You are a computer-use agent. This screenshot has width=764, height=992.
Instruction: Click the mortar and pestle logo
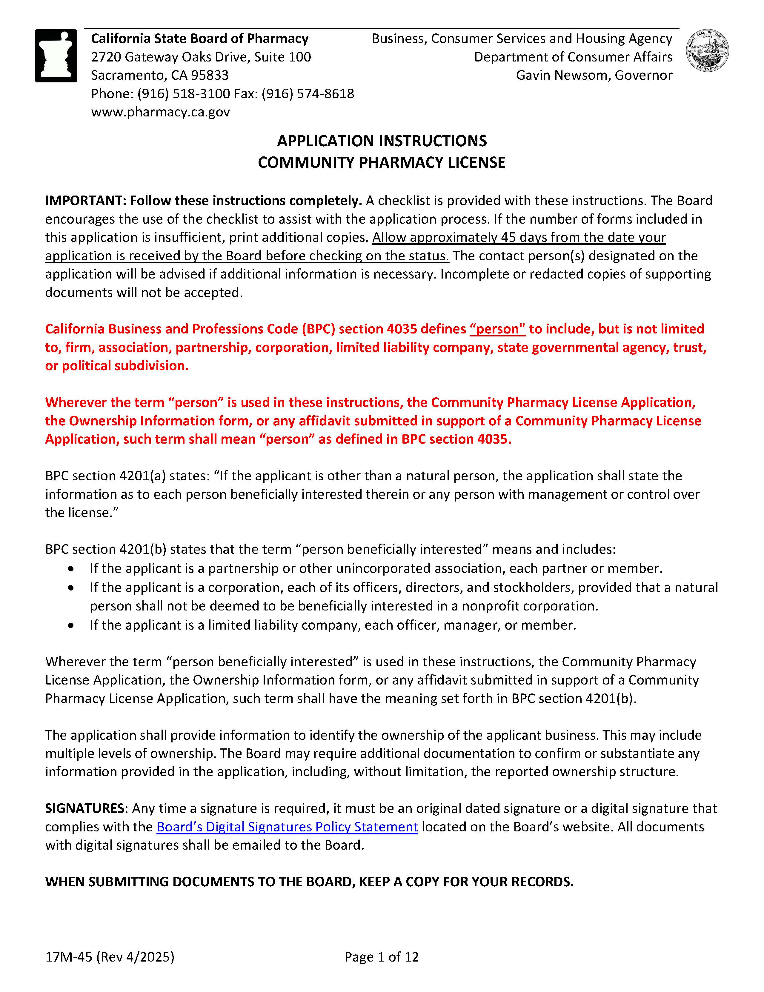point(56,56)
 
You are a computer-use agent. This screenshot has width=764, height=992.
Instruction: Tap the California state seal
point(708,51)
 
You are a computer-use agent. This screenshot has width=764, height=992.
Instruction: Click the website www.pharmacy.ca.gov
point(160,112)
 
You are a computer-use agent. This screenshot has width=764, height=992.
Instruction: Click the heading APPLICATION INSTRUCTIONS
point(382,141)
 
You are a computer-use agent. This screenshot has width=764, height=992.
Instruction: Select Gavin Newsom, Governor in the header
point(594,76)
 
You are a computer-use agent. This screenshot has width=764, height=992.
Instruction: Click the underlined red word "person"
point(498,329)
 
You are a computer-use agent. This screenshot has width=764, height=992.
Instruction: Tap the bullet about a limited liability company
point(333,625)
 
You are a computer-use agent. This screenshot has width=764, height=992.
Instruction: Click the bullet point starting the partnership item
point(71,569)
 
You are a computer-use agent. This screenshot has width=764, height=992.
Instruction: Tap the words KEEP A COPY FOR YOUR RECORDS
point(466,882)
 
